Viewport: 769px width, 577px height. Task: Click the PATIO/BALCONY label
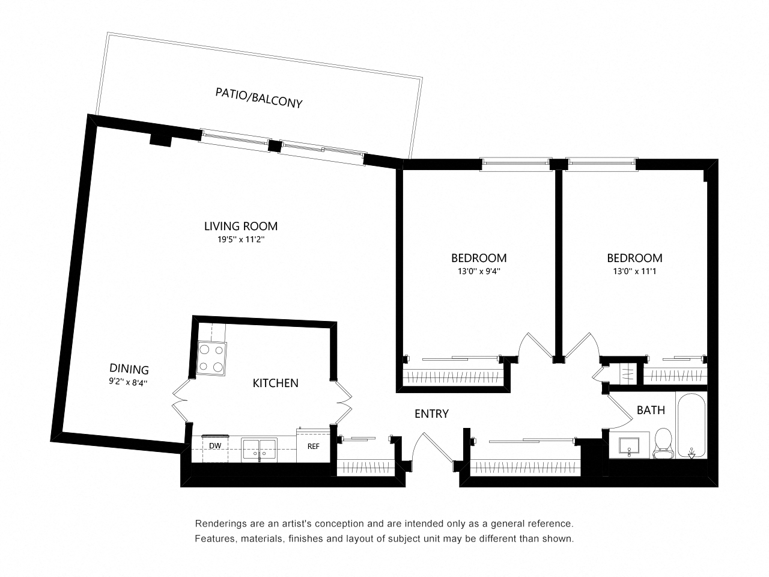(x=258, y=98)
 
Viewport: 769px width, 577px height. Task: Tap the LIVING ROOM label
(x=240, y=227)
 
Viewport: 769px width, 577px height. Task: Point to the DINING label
(x=129, y=369)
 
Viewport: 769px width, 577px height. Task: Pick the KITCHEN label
(x=275, y=383)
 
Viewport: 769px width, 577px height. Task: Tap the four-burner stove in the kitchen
(x=212, y=358)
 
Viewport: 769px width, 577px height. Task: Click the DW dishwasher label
(x=214, y=446)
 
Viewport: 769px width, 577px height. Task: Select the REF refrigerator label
(x=313, y=447)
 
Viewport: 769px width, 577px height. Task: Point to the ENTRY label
(x=431, y=414)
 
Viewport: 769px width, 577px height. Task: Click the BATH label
(x=651, y=411)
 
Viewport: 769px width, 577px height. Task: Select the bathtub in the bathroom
(x=692, y=426)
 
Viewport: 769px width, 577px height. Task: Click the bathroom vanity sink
(x=630, y=445)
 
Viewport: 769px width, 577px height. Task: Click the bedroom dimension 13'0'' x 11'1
(x=634, y=271)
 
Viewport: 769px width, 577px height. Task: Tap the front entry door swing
(x=430, y=448)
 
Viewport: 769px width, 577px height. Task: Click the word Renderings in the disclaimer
(x=220, y=524)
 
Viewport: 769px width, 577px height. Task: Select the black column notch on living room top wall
(x=160, y=139)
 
